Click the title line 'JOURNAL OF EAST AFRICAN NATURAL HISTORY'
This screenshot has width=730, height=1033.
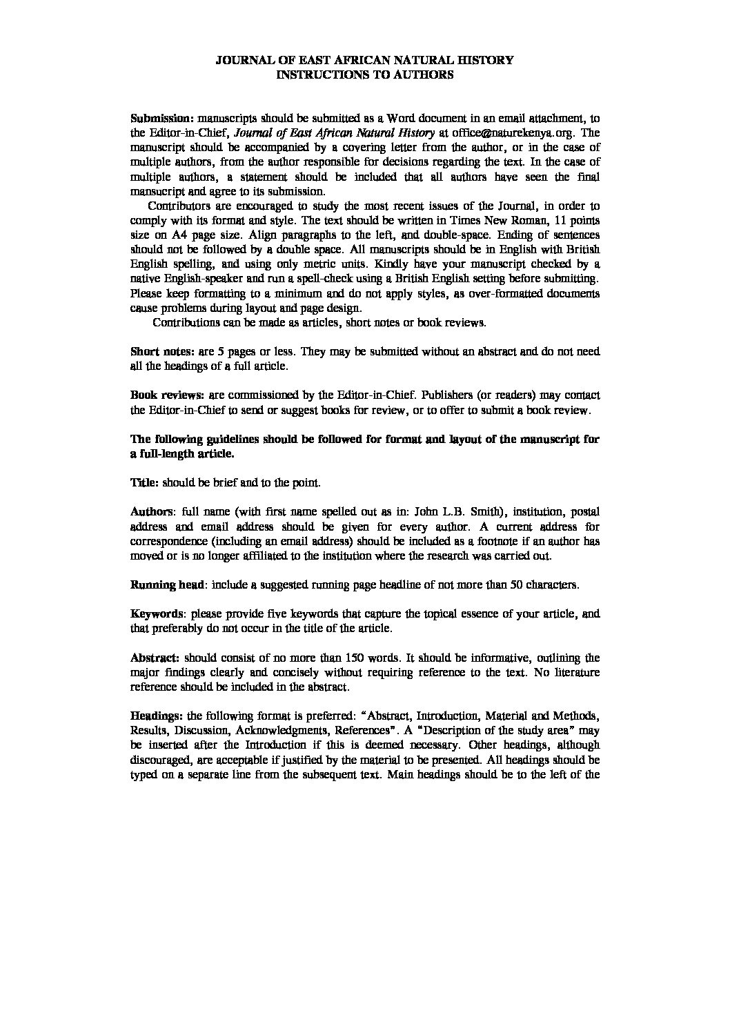(x=364, y=61)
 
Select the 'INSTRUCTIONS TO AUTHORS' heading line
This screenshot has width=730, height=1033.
(x=364, y=75)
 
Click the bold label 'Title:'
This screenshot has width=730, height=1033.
(x=145, y=483)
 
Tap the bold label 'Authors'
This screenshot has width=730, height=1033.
(x=151, y=512)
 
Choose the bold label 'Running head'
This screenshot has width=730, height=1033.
(x=166, y=585)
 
